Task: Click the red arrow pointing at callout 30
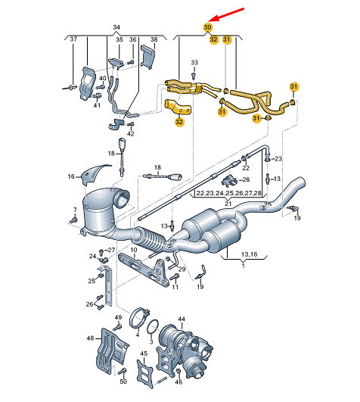coord(226,14)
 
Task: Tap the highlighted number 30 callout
coord(208,27)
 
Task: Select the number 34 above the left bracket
coord(116,27)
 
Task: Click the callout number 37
coord(73,39)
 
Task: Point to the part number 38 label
coord(154,39)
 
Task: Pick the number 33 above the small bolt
coord(194,63)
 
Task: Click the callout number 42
coord(131,133)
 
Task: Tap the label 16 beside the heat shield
coord(71,176)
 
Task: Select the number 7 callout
coord(75,210)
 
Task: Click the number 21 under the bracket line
coord(228,204)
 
